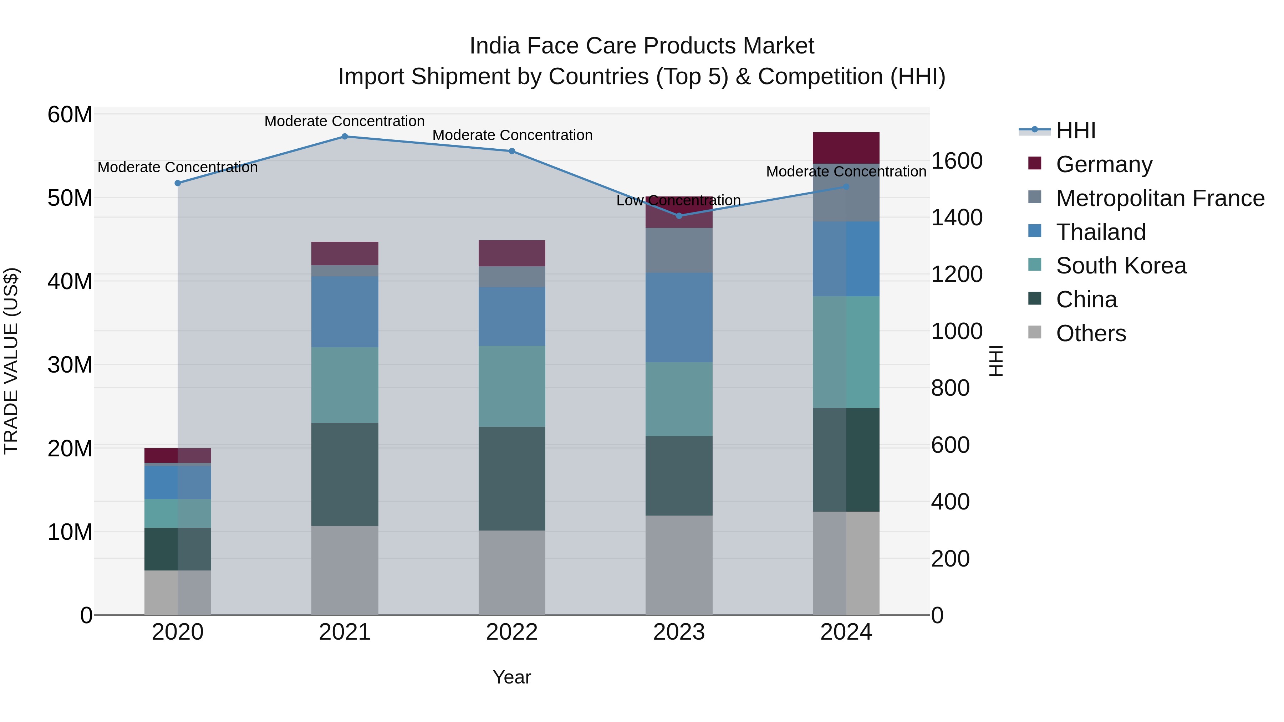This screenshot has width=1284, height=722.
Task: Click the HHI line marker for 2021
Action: coord(345,137)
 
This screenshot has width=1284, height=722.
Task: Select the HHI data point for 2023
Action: coord(679,216)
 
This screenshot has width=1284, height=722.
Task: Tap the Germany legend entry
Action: coord(1104,164)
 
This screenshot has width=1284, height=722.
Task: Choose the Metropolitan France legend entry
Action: coord(1160,198)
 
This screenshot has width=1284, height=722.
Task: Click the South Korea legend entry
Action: coord(1121,266)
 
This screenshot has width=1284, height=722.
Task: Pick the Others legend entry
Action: coord(1091,333)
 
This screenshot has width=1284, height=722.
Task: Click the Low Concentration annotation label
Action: coord(678,201)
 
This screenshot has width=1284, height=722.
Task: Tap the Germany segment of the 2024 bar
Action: coord(846,148)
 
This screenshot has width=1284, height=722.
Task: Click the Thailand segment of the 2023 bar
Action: coord(679,317)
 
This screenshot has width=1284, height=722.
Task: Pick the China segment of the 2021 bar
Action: coord(345,474)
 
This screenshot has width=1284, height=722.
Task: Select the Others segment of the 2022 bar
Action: coord(512,573)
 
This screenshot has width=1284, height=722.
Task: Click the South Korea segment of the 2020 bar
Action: coord(178,513)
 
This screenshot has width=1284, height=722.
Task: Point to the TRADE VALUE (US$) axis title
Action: coord(11,361)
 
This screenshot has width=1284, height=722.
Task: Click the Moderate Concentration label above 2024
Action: coord(846,172)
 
